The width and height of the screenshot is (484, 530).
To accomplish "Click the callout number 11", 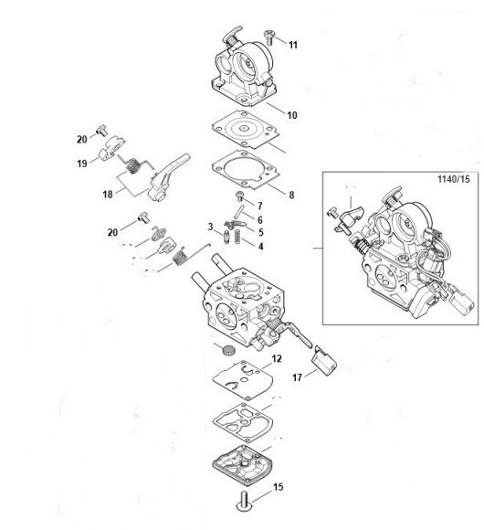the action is (x=293, y=45).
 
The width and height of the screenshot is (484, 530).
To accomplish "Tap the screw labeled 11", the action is (x=269, y=37).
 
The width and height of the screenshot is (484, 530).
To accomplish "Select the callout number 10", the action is (x=292, y=115).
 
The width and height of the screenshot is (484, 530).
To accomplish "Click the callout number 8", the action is (x=291, y=195).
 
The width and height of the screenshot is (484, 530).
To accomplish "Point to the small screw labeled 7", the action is (x=240, y=196).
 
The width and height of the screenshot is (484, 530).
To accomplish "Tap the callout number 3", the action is (x=210, y=227).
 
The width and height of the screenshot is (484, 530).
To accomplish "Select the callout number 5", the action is (x=261, y=232).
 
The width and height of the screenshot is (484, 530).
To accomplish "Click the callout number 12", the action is (x=277, y=358).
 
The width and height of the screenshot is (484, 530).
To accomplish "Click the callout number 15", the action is (x=278, y=487).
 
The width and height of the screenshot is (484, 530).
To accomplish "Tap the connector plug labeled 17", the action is (x=325, y=361).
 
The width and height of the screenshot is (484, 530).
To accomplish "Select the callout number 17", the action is (x=297, y=377).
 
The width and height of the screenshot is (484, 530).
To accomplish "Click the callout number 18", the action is (x=108, y=195).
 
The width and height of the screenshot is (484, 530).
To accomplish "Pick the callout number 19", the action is (x=82, y=164).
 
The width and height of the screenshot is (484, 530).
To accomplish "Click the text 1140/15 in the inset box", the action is (x=454, y=179).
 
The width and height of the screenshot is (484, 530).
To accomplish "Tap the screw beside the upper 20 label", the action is (x=101, y=130).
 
